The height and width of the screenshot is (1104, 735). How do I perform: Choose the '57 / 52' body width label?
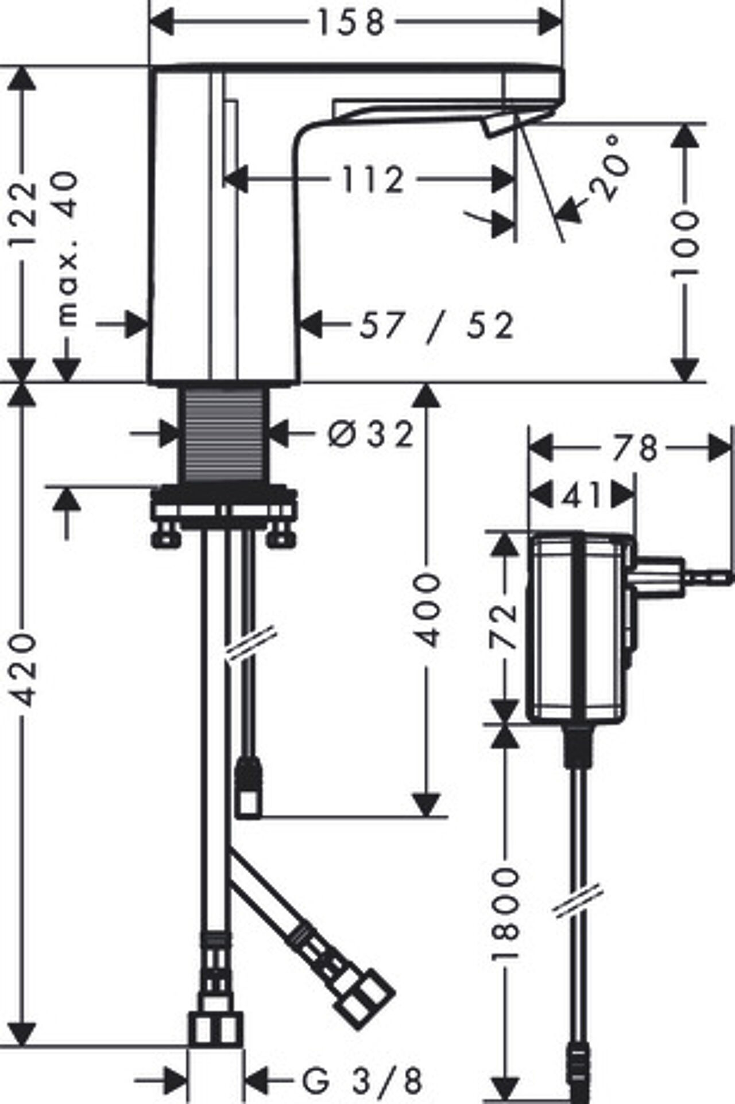(436, 326)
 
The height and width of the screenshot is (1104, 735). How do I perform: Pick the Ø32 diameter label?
(371, 434)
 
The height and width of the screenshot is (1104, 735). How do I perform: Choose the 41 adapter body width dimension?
(581, 495)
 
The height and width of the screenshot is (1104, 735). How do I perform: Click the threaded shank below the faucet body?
(225, 435)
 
